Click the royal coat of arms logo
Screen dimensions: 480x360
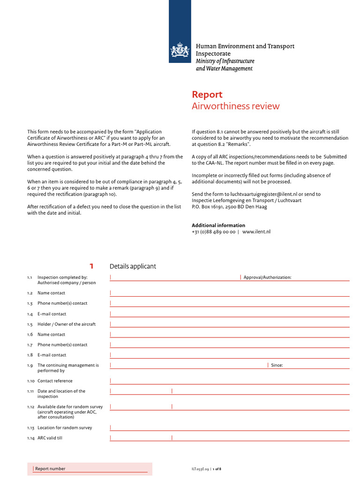coord(180,50)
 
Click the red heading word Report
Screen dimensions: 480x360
coord(207,95)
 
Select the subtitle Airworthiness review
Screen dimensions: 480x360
coord(235,106)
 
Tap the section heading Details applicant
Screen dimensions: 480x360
coord(133,266)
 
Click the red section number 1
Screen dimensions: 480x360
coord(92,266)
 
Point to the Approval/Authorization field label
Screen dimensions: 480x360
coord(267,277)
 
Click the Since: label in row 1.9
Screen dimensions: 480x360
coord(277,365)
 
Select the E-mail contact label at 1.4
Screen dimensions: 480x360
coord(52,314)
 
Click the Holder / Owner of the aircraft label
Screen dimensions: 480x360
coord(66,324)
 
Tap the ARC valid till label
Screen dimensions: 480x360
coord(50,438)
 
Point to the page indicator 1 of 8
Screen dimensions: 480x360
coord(217,469)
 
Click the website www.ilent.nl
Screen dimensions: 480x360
coord(256,232)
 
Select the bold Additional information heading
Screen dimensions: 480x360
coord(218,225)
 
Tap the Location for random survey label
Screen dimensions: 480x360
coord(65,427)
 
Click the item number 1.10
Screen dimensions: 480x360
coord(30,381)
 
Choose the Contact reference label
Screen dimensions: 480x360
coord(55,381)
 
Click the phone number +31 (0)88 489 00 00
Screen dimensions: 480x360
coord(213,232)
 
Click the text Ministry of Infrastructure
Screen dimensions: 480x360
coord(225,61)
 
